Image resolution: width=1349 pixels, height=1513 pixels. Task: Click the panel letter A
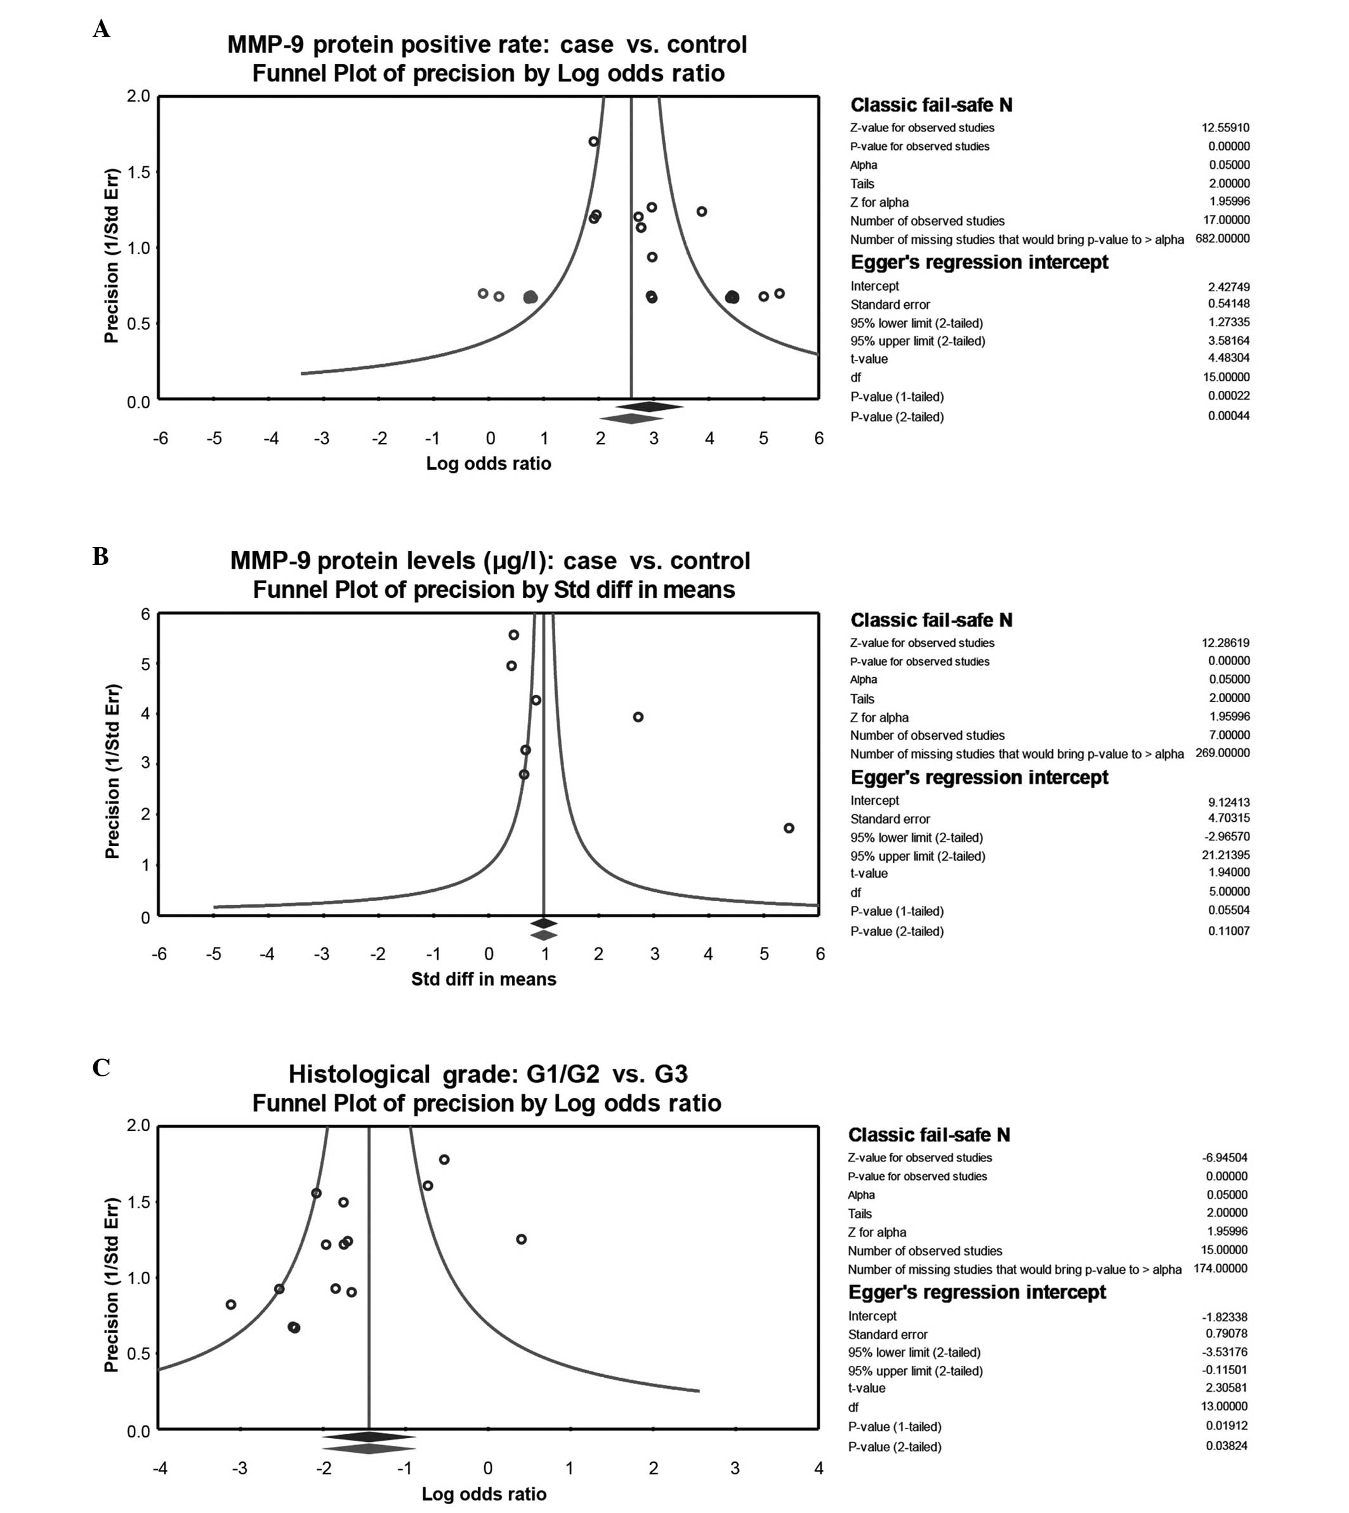click(x=102, y=30)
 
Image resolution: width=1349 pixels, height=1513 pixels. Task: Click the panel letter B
click(x=101, y=556)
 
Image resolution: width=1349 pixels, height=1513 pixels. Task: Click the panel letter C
click(x=102, y=1067)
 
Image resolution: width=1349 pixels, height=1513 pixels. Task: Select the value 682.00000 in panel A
click(x=1222, y=239)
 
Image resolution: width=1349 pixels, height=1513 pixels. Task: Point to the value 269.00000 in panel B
click(x=1222, y=753)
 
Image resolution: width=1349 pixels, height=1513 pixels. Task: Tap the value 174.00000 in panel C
click(x=1220, y=1269)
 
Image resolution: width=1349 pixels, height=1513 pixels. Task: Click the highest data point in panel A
click(x=593, y=142)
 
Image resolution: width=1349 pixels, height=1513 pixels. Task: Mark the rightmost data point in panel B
click(x=789, y=828)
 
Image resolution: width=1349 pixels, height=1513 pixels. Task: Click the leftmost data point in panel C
click(x=230, y=1305)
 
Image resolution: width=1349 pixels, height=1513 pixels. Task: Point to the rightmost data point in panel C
click(x=521, y=1239)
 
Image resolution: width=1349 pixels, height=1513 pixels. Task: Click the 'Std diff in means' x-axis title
click(x=484, y=979)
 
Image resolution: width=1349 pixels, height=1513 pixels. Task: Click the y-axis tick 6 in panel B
click(x=145, y=614)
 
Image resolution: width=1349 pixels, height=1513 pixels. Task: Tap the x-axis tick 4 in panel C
click(x=819, y=1469)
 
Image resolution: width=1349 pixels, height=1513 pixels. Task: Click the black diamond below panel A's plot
click(x=649, y=406)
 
